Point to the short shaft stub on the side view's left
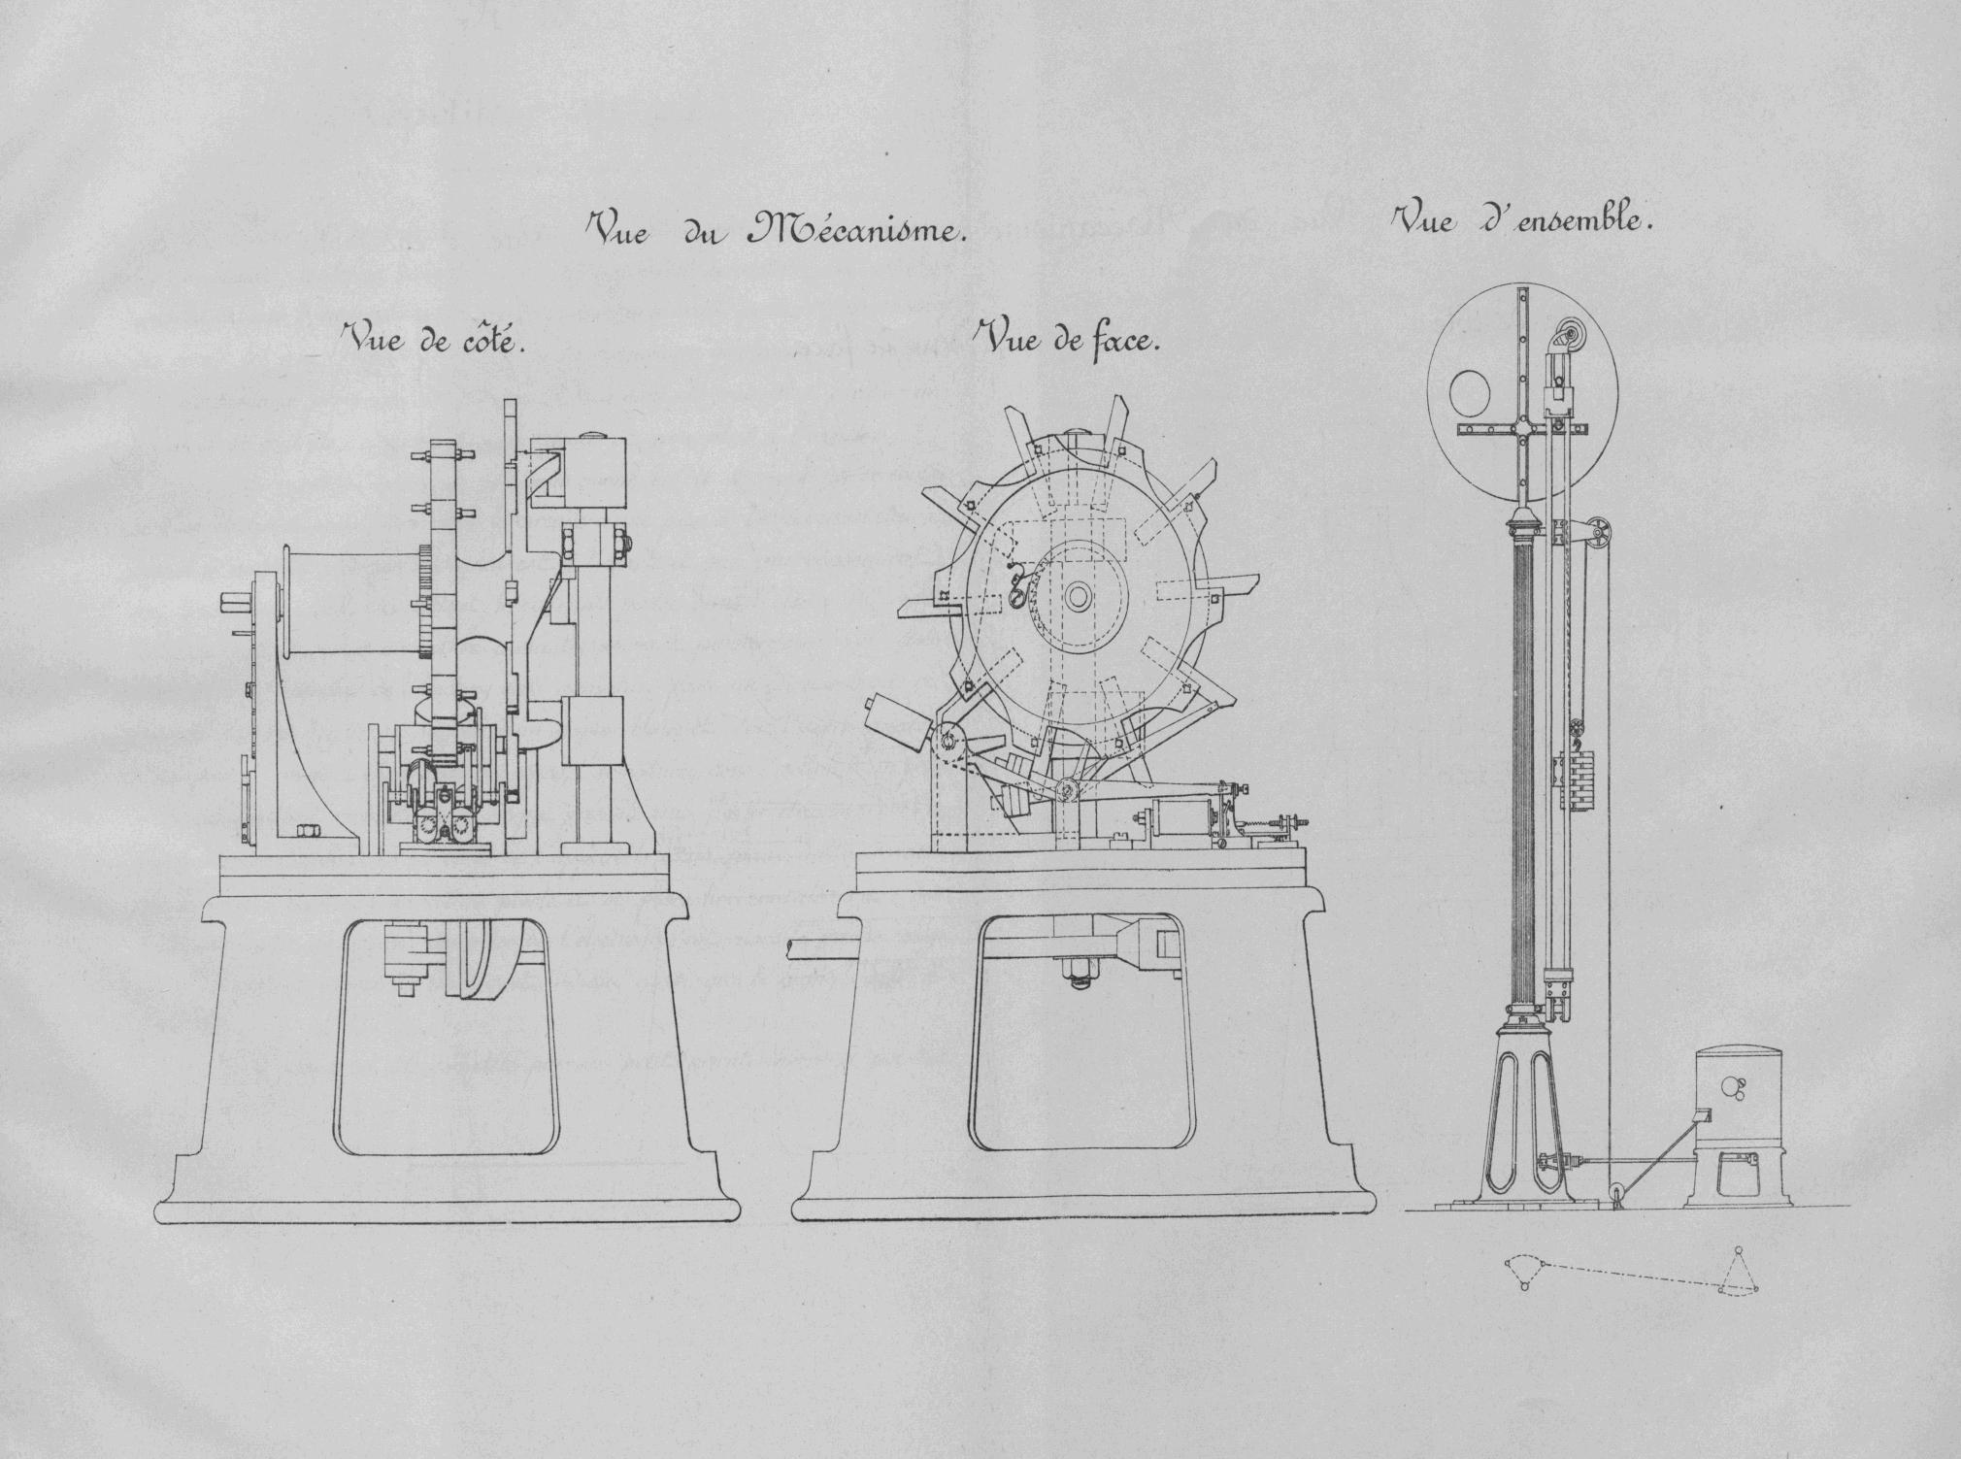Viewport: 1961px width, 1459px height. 236,603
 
